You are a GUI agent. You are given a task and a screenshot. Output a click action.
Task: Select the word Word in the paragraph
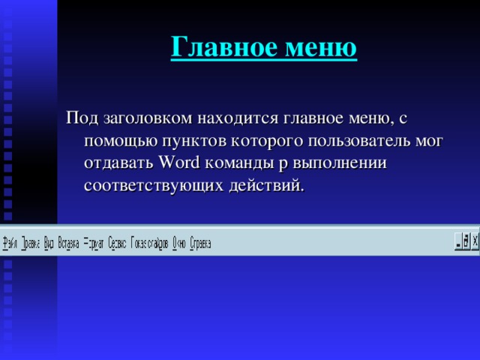(181, 163)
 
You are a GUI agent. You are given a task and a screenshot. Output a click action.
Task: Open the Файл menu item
(10, 244)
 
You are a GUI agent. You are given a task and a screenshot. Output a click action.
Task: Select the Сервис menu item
(117, 244)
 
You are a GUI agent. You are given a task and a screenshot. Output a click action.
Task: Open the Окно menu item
(179, 244)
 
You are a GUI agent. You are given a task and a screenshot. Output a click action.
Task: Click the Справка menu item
(200, 244)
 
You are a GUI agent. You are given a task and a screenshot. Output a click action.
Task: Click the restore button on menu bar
(466, 241)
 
